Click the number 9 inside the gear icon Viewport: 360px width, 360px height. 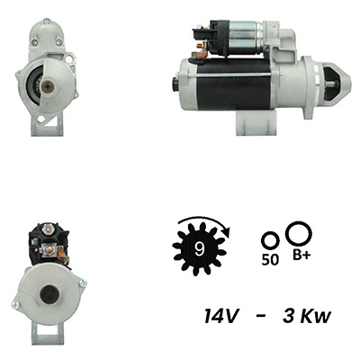[x=199, y=248]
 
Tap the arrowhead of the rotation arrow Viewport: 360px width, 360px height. [x=227, y=232]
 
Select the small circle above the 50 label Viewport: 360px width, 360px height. [x=270, y=240]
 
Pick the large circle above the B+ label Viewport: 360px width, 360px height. [x=299, y=234]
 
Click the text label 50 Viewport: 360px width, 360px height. [x=270, y=260]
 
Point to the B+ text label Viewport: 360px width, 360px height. [x=301, y=256]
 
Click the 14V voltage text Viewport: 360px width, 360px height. [x=221, y=316]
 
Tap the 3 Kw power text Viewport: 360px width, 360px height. [x=307, y=316]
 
